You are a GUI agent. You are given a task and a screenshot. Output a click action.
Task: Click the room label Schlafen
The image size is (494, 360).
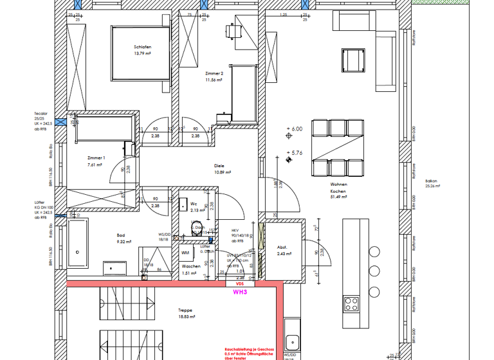pos(143,47)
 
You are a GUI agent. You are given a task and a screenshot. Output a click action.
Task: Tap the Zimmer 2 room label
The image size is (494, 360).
pos(214,74)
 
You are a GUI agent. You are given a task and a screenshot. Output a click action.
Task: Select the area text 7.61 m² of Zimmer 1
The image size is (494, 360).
pos(96,164)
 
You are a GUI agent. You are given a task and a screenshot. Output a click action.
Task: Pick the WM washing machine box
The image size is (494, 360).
pos(185,253)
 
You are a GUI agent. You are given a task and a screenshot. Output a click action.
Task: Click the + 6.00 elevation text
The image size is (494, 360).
pos(297,129)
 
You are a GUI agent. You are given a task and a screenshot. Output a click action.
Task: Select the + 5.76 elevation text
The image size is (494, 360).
pos(297,153)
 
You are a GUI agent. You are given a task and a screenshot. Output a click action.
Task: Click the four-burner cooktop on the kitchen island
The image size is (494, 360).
pos(351,302)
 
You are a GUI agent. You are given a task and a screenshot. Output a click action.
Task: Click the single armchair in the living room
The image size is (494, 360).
pos(353,60)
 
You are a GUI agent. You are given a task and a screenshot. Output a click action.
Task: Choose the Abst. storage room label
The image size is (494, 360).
pos(282,248)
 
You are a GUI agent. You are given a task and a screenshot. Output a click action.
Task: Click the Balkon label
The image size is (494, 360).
pos(431,181)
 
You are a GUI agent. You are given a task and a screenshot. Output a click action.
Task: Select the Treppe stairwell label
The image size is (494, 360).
pos(185,310)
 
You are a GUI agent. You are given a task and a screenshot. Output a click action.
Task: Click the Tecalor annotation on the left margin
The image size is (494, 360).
pos(42,113)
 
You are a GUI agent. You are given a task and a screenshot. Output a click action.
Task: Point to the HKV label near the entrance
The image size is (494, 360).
pos(235,230)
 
